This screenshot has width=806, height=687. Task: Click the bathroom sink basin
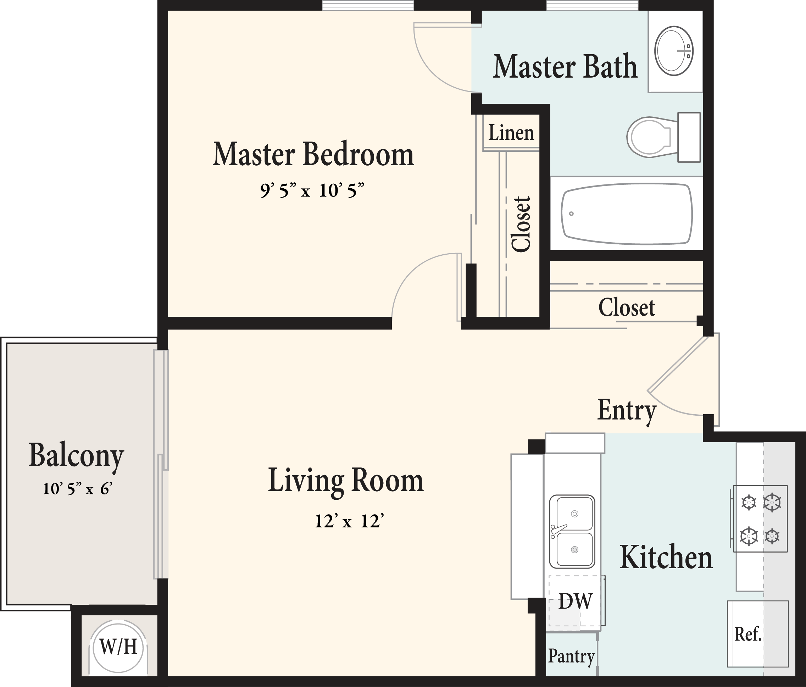click(674, 51)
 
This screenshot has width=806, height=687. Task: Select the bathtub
click(626, 214)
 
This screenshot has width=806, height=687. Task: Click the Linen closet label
click(511, 133)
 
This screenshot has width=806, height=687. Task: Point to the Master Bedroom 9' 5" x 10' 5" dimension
click(312, 191)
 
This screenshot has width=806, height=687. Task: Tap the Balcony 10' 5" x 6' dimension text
click(77, 489)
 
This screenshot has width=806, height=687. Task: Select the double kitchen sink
click(572, 532)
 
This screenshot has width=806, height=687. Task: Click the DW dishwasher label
click(575, 601)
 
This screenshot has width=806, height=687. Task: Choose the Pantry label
click(571, 656)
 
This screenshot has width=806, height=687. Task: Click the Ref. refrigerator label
click(747, 634)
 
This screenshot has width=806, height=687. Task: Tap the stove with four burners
click(760, 519)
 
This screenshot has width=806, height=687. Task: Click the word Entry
click(627, 410)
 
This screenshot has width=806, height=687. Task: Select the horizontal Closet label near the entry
click(626, 308)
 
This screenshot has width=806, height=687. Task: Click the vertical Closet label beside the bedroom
click(521, 224)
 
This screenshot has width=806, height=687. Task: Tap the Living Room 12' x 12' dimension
click(349, 521)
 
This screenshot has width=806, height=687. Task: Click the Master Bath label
click(565, 67)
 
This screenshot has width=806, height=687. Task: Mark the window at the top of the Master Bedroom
click(368, 5)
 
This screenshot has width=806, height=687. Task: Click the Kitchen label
click(666, 558)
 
